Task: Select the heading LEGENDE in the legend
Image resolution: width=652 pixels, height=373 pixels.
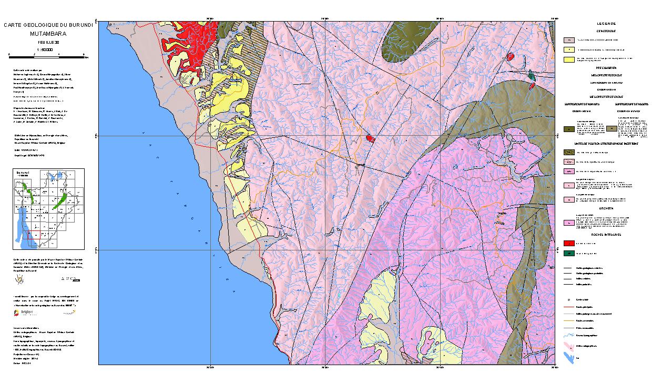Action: pyautogui.click(x=606, y=24)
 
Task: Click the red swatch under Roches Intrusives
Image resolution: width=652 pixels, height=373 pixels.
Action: pyautogui.click(x=568, y=244)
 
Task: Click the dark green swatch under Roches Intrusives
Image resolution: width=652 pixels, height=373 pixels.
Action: pyautogui.click(x=568, y=254)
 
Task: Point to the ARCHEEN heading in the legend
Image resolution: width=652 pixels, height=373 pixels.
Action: pyautogui.click(x=606, y=208)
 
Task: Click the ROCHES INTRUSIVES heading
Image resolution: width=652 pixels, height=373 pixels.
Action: pyautogui.click(x=606, y=235)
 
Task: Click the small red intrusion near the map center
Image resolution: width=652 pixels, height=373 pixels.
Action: pyautogui.click(x=370, y=138)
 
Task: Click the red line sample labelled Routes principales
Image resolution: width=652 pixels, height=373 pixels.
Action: pyautogui.click(x=568, y=306)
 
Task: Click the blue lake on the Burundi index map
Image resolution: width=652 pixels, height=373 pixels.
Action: pyautogui.click(x=22, y=226)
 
